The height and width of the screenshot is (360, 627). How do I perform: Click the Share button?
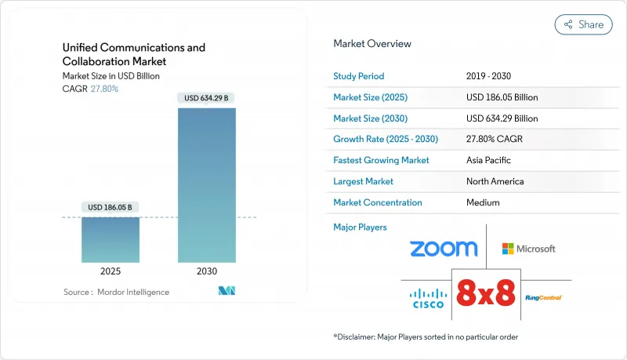[x=583, y=24]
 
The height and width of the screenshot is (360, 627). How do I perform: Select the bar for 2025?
[x=111, y=239]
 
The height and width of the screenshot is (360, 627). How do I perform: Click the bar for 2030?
[x=206, y=184]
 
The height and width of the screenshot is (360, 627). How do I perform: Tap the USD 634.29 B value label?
[x=207, y=98]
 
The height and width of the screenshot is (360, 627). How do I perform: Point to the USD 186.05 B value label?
[x=111, y=207]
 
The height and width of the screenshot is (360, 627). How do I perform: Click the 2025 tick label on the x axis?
[x=111, y=271]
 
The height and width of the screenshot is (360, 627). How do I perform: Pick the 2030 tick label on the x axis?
[x=206, y=271]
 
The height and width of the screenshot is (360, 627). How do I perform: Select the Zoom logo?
[x=443, y=249]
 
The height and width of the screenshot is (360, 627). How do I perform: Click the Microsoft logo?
[x=529, y=249]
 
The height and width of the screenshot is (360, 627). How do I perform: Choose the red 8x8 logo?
[x=485, y=293]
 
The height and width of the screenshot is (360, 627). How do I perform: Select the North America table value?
[x=496, y=181]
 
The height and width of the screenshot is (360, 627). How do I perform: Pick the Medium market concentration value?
[x=483, y=202]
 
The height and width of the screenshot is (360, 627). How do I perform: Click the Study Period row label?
[x=359, y=76]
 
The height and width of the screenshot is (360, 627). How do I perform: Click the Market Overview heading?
[x=371, y=44]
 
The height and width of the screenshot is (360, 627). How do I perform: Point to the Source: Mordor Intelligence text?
[x=116, y=292]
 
